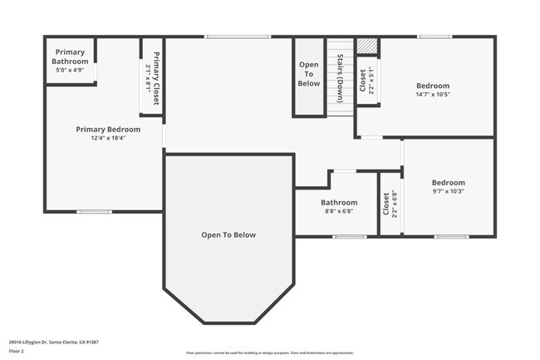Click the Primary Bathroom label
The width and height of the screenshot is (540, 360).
(x=70, y=57)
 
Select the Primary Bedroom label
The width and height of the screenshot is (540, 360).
(x=108, y=130)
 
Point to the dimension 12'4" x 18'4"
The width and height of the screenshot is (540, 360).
(x=108, y=139)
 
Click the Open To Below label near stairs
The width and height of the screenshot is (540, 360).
(x=309, y=74)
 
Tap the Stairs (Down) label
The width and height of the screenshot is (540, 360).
(x=340, y=77)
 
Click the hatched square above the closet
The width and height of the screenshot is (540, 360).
(x=367, y=47)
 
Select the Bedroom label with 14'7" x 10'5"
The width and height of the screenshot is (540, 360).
(x=433, y=86)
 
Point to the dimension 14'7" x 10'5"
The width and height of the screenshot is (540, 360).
(x=433, y=95)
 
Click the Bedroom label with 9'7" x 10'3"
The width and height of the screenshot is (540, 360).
(x=449, y=182)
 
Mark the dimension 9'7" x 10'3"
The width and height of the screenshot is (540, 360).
(x=449, y=191)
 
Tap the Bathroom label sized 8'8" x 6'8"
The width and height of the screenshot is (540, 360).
(x=339, y=202)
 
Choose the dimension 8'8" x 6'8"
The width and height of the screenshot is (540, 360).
(x=339, y=211)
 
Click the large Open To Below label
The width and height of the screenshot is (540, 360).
(x=228, y=235)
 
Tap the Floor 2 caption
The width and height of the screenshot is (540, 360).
(x=17, y=351)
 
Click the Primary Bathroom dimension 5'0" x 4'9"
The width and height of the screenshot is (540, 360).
(x=70, y=71)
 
